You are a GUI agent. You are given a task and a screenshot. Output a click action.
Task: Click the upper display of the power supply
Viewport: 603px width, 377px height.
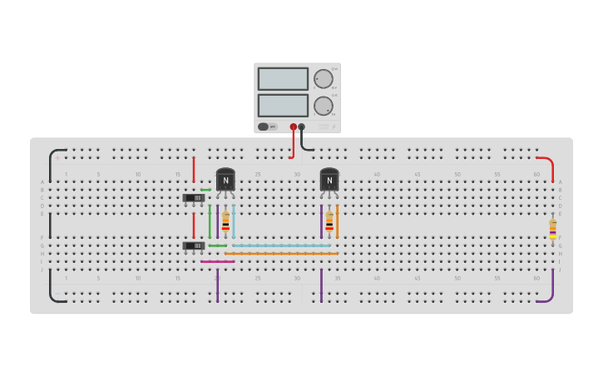(x=283, y=78)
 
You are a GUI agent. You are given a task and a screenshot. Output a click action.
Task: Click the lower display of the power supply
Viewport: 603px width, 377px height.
(x=283, y=105)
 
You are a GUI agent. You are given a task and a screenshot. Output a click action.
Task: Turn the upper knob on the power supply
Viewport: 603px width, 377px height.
(x=323, y=79)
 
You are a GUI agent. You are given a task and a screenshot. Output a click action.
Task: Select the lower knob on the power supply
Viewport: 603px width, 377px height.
(x=323, y=106)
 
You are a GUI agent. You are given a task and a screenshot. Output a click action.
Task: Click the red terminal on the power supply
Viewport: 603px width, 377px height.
(x=293, y=126)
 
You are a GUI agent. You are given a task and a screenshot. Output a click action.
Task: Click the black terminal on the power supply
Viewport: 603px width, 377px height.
(x=301, y=126)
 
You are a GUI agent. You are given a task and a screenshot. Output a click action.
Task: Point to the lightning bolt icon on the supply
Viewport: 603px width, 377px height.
(x=334, y=126)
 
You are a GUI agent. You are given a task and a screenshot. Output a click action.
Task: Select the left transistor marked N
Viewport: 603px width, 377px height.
(x=225, y=180)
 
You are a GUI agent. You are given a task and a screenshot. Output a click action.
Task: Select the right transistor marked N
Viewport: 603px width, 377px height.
(x=329, y=180)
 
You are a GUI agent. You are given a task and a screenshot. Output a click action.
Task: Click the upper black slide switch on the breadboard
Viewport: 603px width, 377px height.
(x=194, y=198)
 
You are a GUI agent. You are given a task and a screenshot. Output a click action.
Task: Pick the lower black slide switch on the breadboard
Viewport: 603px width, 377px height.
(x=194, y=246)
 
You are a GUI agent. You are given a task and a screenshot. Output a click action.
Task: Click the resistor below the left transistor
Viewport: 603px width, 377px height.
(x=225, y=221)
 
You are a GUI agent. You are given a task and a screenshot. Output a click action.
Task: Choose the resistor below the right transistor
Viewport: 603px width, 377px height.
(x=329, y=221)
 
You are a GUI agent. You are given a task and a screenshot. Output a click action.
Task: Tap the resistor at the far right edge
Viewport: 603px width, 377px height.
(x=552, y=228)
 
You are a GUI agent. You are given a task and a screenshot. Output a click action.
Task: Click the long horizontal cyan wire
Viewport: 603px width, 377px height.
(x=283, y=246)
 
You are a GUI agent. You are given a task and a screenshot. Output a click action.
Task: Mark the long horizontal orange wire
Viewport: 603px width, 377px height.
(x=283, y=253)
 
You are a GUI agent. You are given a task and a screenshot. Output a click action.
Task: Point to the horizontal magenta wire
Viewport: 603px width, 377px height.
(x=218, y=261)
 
